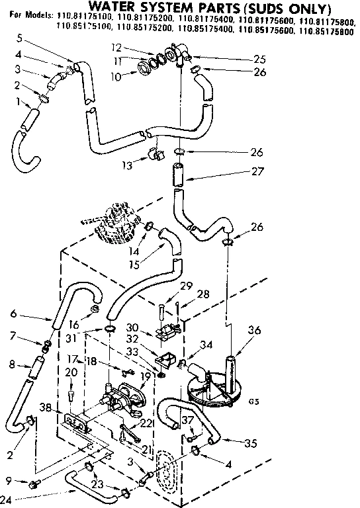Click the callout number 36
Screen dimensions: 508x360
tap(253, 331)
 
